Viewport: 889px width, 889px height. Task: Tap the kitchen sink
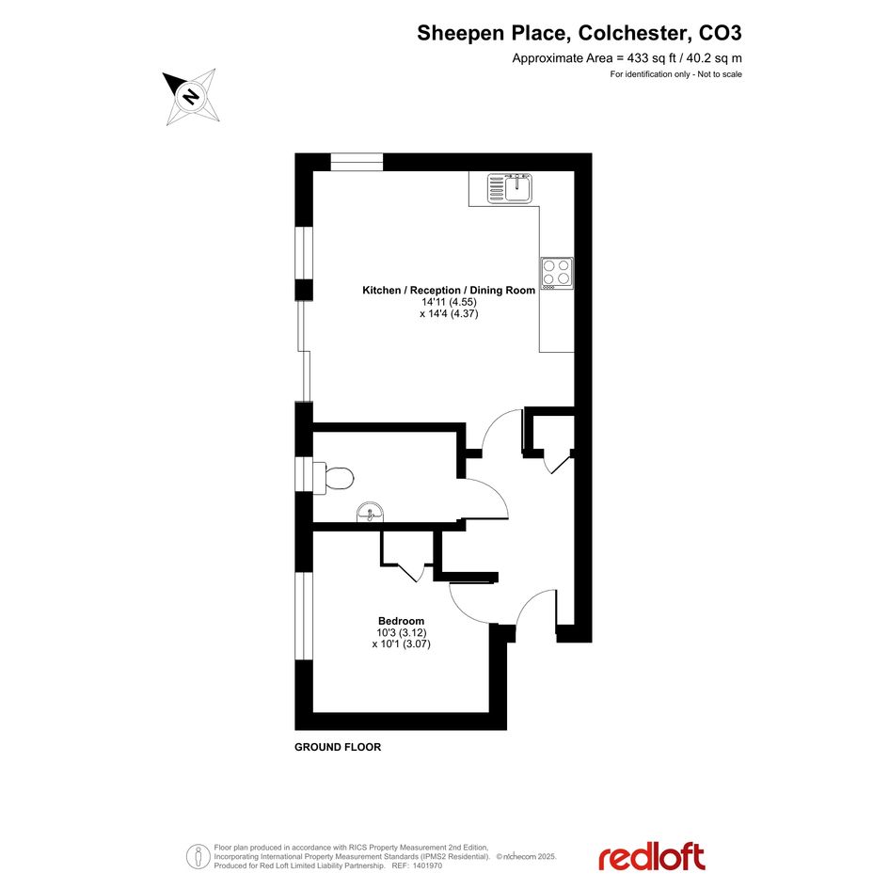tap(510, 188)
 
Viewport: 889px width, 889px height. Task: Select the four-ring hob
tap(557, 273)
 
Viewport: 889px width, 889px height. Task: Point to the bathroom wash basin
tap(371, 513)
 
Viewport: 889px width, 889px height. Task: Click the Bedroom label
tap(402, 621)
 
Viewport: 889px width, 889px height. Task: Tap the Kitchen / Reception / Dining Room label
tap(449, 291)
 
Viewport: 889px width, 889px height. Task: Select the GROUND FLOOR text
tap(338, 747)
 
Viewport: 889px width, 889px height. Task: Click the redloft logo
tap(652, 857)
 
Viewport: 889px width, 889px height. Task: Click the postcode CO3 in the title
tap(720, 34)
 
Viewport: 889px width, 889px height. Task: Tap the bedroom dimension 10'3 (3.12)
tap(402, 633)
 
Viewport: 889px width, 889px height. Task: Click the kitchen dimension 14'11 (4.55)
tap(449, 302)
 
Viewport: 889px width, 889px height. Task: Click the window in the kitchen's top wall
tap(357, 162)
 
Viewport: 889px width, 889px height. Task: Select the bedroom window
tap(304, 616)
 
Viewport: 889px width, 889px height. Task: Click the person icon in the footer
tap(198, 857)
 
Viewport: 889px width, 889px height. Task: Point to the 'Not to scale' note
tap(720, 74)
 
